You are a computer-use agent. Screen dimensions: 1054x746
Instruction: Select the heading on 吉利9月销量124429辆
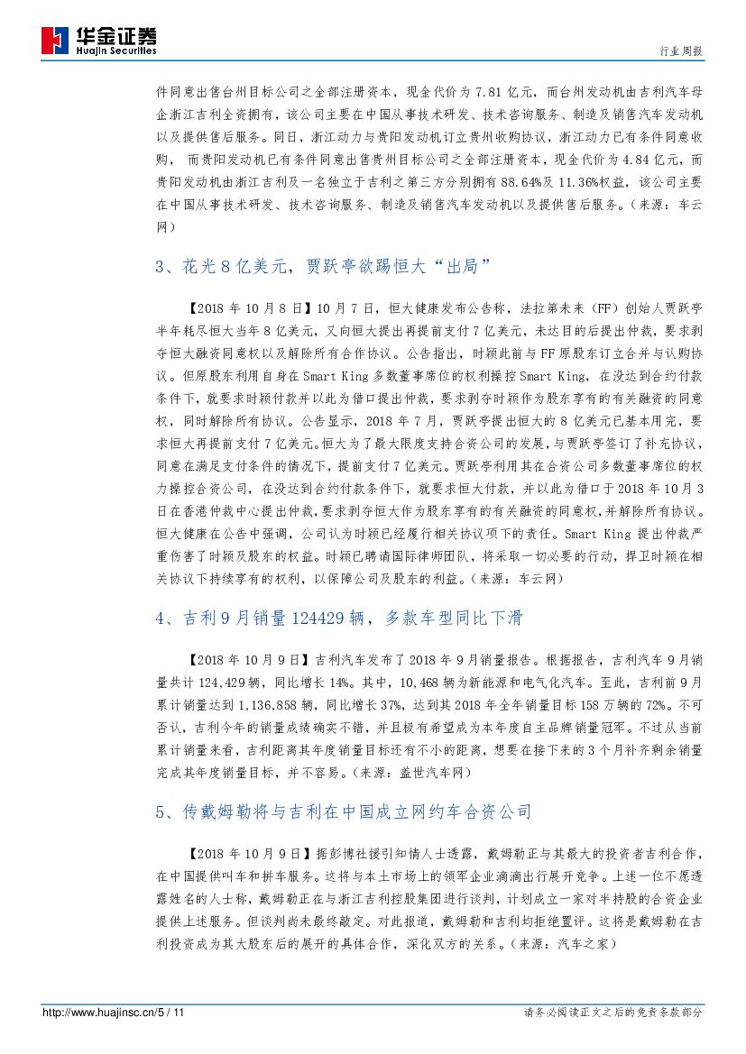pos(338,619)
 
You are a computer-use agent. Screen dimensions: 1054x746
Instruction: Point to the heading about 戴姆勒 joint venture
pos(343,812)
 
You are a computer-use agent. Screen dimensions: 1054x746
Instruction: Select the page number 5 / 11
pos(171,1013)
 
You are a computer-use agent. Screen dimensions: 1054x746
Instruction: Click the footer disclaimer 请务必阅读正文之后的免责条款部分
pos(612,1013)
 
